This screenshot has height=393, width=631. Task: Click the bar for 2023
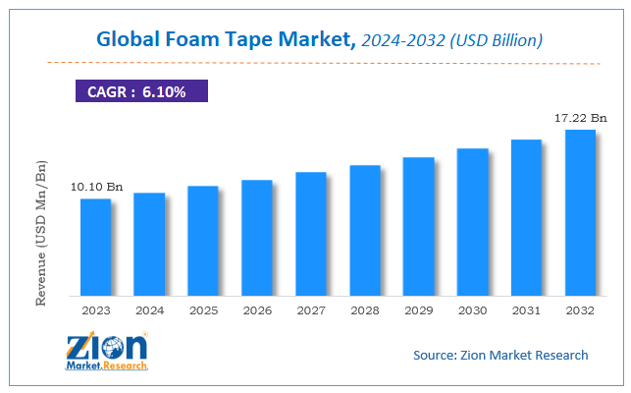pyautogui.click(x=95, y=247)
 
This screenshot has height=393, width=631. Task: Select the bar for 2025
pyautogui.click(x=203, y=241)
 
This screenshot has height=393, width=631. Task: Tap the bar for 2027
pyautogui.click(x=311, y=234)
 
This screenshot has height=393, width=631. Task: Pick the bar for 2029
pyautogui.click(x=419, y=226)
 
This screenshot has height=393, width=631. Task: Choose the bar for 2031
pyautogui.click(x=527, y=217)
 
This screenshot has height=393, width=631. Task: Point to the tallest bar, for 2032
pyautogui.click(x=580, y=212)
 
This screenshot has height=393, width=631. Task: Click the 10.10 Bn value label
pyautogui.click(x=95, y=187)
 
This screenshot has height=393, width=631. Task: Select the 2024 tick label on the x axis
pyautogui.click(x=149, y=310)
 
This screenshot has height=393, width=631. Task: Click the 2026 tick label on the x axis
pyautogui.click(x=257, y=310)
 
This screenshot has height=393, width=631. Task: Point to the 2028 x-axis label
pyautogui.click(x=365, y=310)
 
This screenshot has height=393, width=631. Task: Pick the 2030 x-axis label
pyautogui.click(x=473, y=310)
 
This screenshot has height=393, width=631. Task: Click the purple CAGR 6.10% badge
pyautogui.click(x=141, y=91)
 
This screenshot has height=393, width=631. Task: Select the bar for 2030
pyautogui.click(x=473, y=222)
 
